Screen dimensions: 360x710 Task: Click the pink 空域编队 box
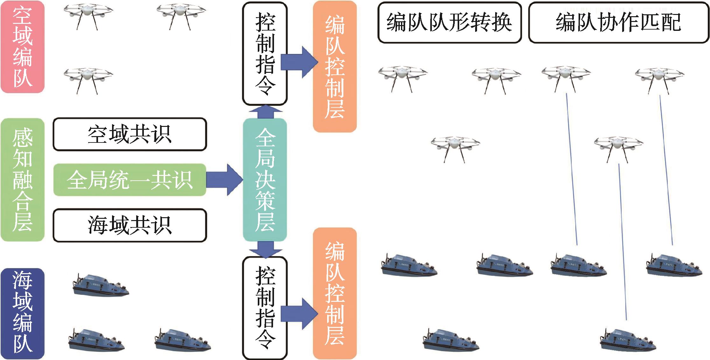coord(22,47)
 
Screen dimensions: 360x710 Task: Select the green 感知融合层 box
coord(22,180)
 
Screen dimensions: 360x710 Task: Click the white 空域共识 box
coord(130,134)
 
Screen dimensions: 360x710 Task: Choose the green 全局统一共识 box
coord(130,180)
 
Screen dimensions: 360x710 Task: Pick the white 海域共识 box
coord(130,225)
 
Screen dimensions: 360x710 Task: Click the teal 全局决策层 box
coord(265,180)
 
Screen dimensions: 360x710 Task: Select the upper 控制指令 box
coord(265,53)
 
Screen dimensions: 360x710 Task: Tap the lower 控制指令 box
coord(265,308)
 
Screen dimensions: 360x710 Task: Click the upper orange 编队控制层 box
coord(335,67)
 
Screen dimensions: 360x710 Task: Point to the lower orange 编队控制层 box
coord(335,293)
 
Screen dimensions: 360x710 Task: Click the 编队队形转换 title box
coord(449,23)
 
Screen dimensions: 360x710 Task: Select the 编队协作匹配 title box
coord(618,23)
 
